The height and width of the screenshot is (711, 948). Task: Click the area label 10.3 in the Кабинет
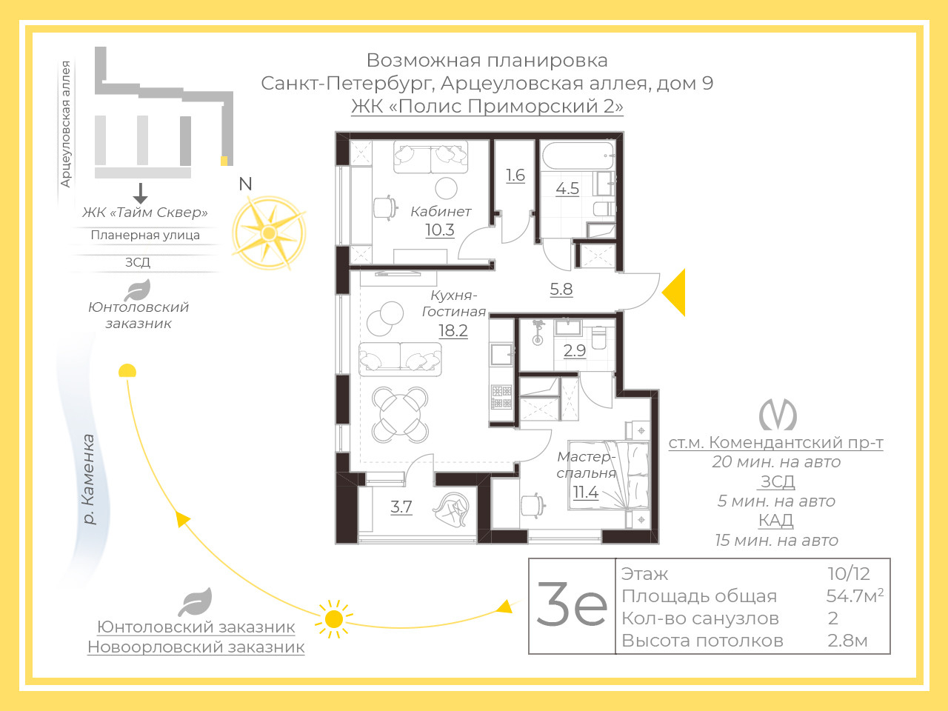[x=440, y=230]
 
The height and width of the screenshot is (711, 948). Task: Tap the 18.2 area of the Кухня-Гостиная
[x=453, y=330]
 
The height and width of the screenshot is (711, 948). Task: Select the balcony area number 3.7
[x=401, y=507]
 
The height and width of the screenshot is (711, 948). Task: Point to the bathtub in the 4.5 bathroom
[x=578, y=156]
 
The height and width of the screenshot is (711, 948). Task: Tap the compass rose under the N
[x=269, y=233]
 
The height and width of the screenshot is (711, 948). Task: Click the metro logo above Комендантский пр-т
[x=778, y=415]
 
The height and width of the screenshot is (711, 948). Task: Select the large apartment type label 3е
[x=572, y=604]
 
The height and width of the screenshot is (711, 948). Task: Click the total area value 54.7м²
[x=855, y=596]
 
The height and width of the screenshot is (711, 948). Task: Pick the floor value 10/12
[x=849, y=574]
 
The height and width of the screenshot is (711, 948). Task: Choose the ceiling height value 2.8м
[x=847, y=641]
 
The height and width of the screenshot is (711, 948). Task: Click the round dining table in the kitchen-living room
[x=400, y=415]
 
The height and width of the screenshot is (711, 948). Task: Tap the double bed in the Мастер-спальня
[x=609, y=475]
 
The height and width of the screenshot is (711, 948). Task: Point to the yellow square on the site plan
[x=224, y=161]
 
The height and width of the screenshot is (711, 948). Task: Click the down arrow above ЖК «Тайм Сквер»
[x=140, y=193]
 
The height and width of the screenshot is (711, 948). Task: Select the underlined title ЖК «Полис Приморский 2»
[x=487, y=106]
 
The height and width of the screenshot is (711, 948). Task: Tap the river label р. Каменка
[x=88, y=479]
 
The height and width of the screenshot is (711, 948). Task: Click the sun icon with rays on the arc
[x=334, y=619]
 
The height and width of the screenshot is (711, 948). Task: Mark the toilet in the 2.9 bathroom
[x=599, y=338]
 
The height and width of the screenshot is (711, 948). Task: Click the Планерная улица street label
[x=145, y=236]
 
